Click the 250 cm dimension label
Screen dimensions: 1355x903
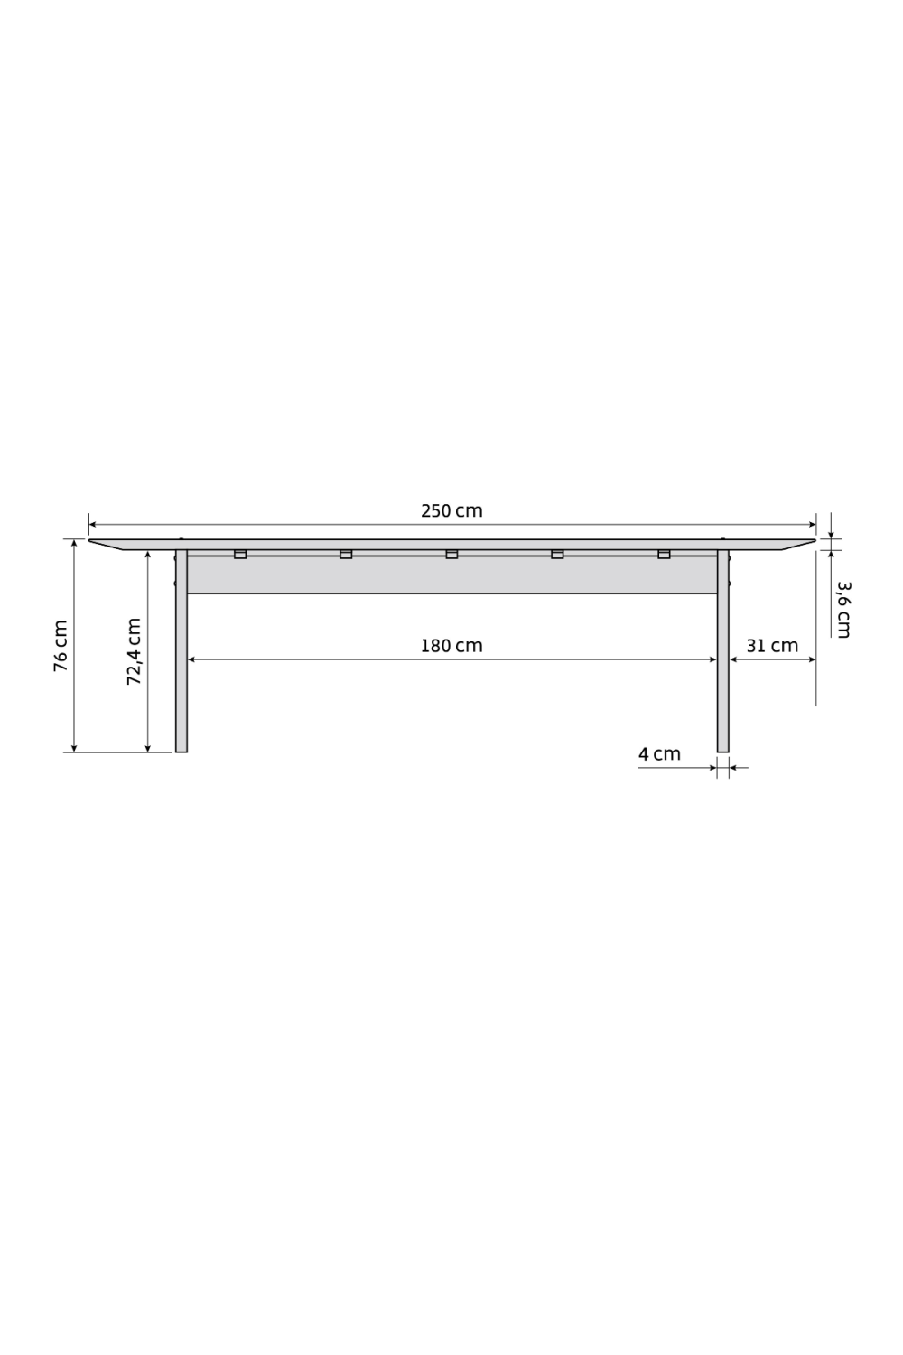451,511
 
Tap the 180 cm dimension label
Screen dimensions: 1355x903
451,647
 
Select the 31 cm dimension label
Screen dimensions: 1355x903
772,647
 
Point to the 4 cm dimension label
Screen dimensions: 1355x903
659,754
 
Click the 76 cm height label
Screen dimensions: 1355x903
61,646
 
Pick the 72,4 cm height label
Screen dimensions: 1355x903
134,651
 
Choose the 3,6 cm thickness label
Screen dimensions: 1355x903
842,610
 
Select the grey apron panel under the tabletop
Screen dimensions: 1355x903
451,575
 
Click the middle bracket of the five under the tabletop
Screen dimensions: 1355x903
451,554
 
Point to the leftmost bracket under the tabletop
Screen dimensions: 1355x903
240,554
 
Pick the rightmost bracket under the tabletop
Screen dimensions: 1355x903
664,554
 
